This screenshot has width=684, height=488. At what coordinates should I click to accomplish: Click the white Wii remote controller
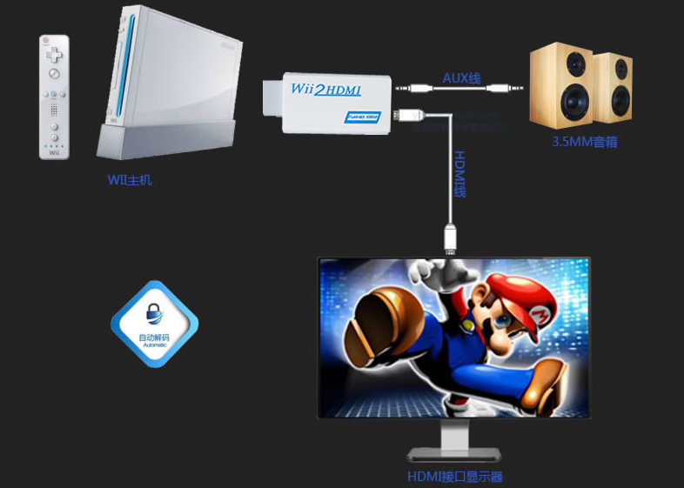[x=54, y=97]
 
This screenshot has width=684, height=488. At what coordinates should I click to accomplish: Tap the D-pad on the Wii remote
[x=54, y=55]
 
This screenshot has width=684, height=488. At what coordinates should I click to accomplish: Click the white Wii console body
[x=170, y=74]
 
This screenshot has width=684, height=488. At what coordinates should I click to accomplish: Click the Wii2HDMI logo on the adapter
[x=325, y=90]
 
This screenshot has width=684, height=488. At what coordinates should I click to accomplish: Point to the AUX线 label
[x=461, y=77]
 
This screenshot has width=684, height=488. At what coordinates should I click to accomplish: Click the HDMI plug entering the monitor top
[x=450, y=239]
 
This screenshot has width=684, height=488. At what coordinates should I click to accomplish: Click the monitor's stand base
[x=454, y=454]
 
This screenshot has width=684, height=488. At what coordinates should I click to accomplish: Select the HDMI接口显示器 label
[x=454, y=477]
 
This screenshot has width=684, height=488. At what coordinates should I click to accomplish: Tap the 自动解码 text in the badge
[x=154, y=337]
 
